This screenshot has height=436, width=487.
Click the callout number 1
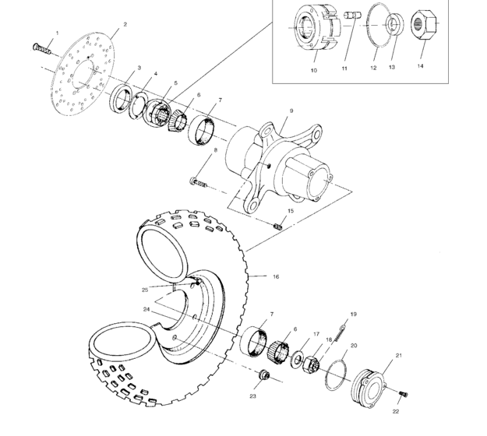55,32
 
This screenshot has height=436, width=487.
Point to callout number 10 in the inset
313,69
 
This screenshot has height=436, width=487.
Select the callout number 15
290,210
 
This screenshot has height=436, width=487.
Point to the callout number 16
275,276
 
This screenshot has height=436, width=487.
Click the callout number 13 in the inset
392,68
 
